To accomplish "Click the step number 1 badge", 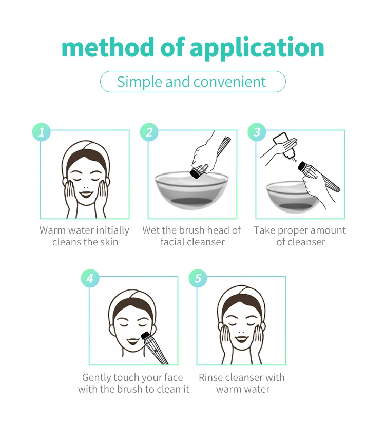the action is point(42,132).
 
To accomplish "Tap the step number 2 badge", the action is point(149,132).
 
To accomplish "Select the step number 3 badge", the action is point(257,132).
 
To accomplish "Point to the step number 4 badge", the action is point(90,278).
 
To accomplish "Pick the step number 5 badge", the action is point(198,278).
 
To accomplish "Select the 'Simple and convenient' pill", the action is point(193,82).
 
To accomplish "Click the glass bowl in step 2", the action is point(191,190).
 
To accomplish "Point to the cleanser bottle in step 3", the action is point(285,145).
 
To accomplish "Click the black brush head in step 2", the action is point(195,173).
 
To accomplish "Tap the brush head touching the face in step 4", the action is point(146,336).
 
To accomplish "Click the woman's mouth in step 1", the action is point(86,195).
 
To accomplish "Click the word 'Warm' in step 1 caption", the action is point(52,230).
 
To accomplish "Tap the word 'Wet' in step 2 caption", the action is point(151,230).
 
